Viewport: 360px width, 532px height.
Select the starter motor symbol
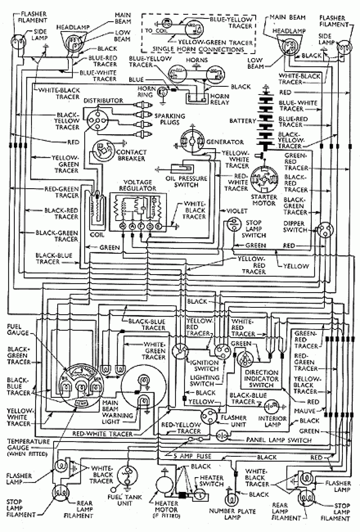point(264,180)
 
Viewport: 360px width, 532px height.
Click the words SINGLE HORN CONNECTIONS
point(198,49)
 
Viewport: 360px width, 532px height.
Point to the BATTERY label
point(242,121)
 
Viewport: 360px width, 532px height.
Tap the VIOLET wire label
point(237,211)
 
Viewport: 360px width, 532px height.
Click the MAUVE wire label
point(305,411)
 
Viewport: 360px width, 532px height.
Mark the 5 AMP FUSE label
point(192,456)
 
